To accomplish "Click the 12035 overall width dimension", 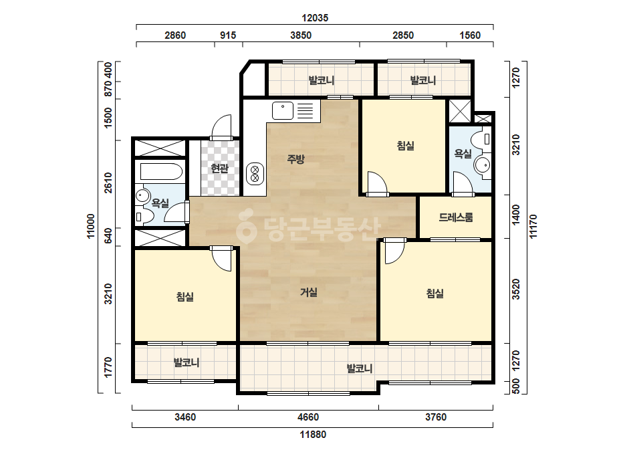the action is [x=315, y=18].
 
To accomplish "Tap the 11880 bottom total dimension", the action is [x=313, y=435].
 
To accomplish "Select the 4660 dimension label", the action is [x=308, y=417].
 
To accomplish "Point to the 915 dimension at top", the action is [x=228, y=35].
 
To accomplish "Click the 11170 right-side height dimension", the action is [x=533, y=226].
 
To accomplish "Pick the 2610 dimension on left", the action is [x=108, y=183].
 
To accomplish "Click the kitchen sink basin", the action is [x=283, y=110].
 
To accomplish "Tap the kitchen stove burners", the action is [x=255, y=174].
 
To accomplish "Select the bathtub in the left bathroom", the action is [x=161, y=172].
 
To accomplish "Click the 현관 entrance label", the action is [x=219, y=168].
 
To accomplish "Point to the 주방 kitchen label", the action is [x=295, y=159].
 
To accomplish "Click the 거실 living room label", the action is [x=309, y=292].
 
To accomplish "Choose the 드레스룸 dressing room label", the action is [x=456, y=217].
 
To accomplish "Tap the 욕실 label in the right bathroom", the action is [x=463, y=154].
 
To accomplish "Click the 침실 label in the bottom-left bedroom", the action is [x=185, y=296].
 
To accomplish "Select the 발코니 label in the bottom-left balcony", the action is [x=187, y=362].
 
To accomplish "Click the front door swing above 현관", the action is [x=221, y=126].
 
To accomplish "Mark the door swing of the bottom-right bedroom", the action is [x=394, y=251].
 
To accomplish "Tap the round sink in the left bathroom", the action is [x=142, y=196].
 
